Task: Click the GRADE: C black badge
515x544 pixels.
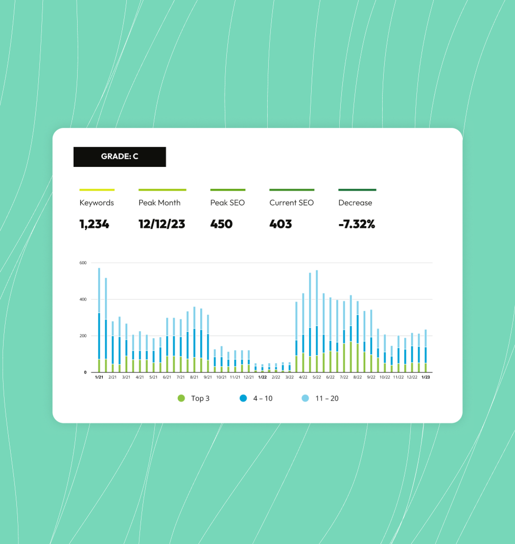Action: (x=120, y=157)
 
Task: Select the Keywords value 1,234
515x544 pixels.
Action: (x=95, y=224)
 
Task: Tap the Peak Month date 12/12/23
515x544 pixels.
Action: (x=162, y=224)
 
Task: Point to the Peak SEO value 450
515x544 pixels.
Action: (x=221, y=224)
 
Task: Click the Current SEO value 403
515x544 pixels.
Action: (x=280, y=224)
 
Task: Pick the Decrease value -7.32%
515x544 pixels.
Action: (x=357, y=224)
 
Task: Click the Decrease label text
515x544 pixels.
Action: (x=355, y=203)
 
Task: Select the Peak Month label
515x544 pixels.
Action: (x=159, y=203)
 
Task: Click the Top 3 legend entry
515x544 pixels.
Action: (x=194, y=398)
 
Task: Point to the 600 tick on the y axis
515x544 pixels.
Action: (x=83, y=263)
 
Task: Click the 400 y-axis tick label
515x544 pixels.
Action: (x=83, y=299)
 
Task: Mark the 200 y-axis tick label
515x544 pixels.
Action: (x=83, y=336)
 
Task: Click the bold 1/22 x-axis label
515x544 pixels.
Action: (x=262, y=378)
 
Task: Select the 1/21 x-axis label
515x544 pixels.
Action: (x=99, y=378)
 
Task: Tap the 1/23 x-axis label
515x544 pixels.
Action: (x=425, y=378)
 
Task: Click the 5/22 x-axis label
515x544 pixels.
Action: (x=317, y=378)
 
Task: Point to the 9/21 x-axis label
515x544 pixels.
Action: (x=208, y=378)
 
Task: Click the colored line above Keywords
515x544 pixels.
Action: (x=97, y=190)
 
